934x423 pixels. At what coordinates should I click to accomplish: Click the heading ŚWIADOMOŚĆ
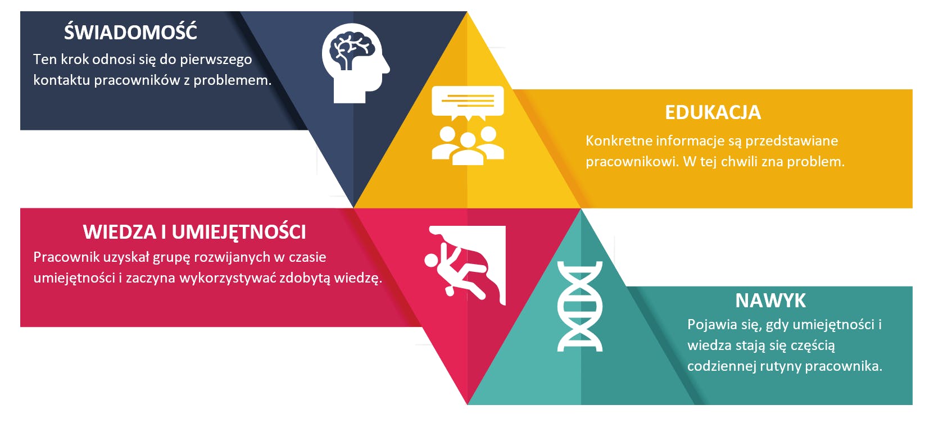pyautogui.click(x=130, y=31)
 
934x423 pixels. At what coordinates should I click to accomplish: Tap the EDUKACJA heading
pyautogui.click(x=713, y=112)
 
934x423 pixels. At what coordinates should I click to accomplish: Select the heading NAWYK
pyautogui.click(x=770, y=301)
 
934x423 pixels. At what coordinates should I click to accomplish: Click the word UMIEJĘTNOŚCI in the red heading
pyautogui.click(x=239, y=232)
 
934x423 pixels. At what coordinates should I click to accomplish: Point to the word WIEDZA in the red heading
pyautogui.click(x=120, y=232)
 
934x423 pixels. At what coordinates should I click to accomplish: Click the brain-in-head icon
pyautogui.click(x=356, y=63)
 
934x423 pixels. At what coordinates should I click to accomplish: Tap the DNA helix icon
pyautogui.click(x=580, y=306)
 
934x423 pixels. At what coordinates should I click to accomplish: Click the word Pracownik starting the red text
pyautogui.click(x=66, y=257)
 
